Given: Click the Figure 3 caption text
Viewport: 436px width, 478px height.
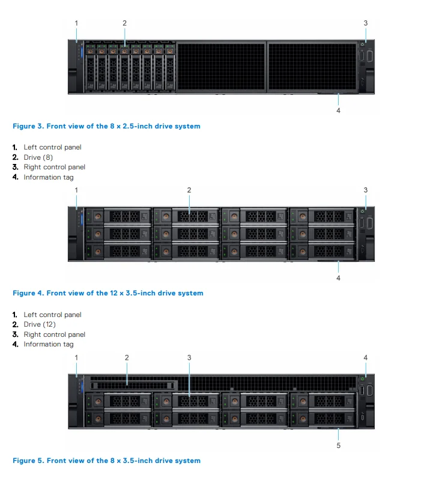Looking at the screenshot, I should (106, 126).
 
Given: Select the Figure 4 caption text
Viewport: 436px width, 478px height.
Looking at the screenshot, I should (108, 293).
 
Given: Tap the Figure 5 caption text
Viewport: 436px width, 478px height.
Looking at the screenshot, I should (106, 461).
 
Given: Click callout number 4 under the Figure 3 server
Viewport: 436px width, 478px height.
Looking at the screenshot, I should (338, 110).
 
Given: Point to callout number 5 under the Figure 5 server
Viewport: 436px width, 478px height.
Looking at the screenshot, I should (338, 446).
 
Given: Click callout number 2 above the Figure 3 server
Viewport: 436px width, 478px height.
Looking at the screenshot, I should (124, 23).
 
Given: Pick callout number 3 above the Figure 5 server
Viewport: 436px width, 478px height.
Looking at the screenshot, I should (189, 357).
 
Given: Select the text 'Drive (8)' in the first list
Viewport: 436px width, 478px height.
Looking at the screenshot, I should (40, 157).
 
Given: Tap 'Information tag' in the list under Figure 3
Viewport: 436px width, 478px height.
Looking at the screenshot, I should (49, 177).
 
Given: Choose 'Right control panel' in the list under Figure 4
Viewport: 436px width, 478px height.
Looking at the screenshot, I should (55, 334).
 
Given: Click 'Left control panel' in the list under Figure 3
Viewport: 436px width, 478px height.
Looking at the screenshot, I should (52, 147).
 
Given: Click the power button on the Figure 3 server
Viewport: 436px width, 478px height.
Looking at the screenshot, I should (363, 43).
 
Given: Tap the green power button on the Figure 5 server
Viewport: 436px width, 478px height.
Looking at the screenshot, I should (363, 378).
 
